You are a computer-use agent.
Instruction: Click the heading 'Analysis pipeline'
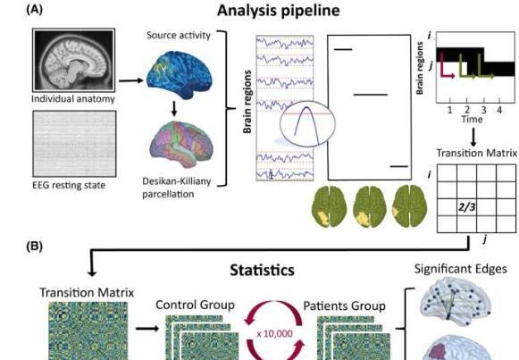[279, 10]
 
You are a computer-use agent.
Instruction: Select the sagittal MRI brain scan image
[74, 60]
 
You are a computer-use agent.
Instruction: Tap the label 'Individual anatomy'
[73, 99]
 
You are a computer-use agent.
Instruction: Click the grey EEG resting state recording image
[74, 144]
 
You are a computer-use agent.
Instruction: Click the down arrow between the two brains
[174, 108]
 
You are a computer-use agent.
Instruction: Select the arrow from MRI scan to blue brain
[131, 80]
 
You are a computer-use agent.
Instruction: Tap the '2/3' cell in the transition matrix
[466, 207]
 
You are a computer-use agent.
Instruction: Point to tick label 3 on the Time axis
[483, 110]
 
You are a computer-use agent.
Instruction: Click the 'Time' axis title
[472, 119]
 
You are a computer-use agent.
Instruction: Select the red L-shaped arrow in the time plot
[446, 71]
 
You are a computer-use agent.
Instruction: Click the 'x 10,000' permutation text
[274, 333]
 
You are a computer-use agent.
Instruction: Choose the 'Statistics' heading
[262, 270]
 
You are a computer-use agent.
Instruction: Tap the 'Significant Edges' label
[460, 269]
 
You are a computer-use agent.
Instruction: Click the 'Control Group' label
[195, 305]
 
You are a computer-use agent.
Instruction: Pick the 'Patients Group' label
[345, 306]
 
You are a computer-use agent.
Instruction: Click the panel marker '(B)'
[34, 247]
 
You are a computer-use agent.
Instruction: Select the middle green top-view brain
[370, 206]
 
